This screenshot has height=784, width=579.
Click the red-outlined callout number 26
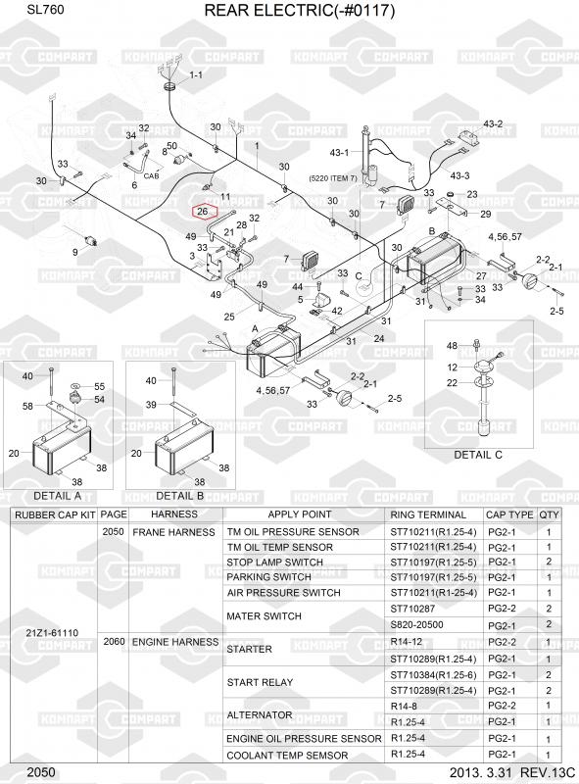(x=203, y=212)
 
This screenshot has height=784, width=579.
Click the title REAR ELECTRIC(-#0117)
(x=300, y=10)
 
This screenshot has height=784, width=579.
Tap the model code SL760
(x=45, y=10)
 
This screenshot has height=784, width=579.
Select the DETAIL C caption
(x=477, y=455)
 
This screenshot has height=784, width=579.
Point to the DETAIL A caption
(x=57, y=496)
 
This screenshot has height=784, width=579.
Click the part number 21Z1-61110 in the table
(x=52, y=632)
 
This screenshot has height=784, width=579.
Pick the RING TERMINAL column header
(x=428, y=515)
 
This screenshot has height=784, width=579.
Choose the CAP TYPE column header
(x=509, y=515)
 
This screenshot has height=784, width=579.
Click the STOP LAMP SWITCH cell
(x=274, y=562)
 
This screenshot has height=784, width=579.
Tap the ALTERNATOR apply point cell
(x=260, y=715)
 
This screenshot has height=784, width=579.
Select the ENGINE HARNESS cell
(x=175, y=642)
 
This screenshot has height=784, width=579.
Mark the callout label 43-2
(x=493, y=124)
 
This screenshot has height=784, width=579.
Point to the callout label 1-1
(x=196, y=75)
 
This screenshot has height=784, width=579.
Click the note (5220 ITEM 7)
(x=333, y=178)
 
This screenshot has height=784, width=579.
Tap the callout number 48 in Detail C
(x=452, y=346)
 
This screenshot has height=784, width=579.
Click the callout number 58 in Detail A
(x=27, y=406)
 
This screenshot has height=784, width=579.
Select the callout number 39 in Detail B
(x=151, y=405)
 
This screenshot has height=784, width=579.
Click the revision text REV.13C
(x=548, y=772)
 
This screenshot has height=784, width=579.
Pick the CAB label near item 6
(x=151, y=176)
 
